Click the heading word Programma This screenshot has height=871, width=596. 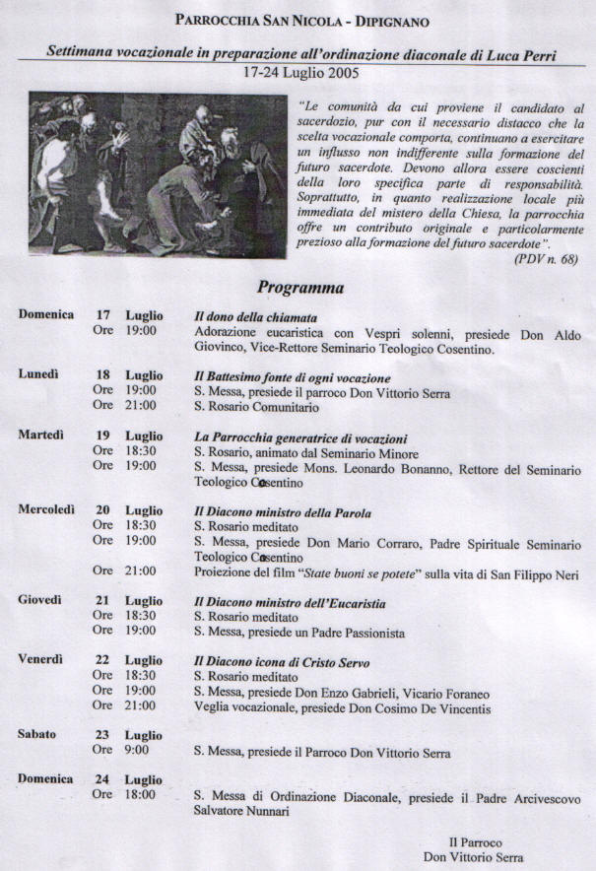point(300,288)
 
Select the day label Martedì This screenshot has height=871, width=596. point(41,435)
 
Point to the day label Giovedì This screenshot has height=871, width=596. point(40,600)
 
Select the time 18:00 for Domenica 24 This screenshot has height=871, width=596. point(138,795)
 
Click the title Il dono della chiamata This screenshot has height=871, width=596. point(255,317)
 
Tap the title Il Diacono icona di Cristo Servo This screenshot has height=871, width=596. point(282,662)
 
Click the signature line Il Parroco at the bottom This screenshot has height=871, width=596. point(476,842)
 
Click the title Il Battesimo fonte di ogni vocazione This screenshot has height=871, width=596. point(293,378)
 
